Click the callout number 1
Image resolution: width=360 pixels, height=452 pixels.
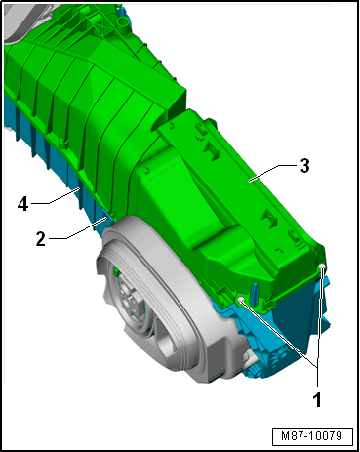coord(317,399)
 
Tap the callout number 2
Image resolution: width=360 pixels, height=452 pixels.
coord(41,239)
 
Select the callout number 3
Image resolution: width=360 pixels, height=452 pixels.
coord(304,166)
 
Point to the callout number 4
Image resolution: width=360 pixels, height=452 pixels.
coord(22,205)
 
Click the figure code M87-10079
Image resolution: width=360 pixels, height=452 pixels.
coord(312,436)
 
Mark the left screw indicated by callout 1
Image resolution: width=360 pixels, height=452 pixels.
coord(241,300)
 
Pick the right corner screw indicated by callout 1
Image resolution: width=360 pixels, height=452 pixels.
coord(322,267)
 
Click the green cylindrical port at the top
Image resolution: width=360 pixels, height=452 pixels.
coord(124,23)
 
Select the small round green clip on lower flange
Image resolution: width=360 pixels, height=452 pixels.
coord(62,142)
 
